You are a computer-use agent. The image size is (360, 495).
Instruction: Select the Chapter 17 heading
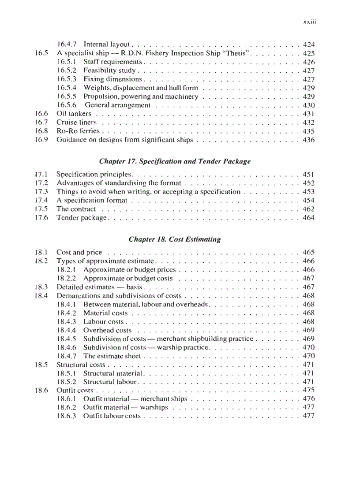point(175,161)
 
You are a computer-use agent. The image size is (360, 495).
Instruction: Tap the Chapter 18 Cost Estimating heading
point(175,239)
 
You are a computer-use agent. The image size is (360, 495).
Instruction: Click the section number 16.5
point(41,53)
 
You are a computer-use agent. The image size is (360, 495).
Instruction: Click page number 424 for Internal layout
point(309,45)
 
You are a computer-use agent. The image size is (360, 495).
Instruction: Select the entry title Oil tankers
point(74,114)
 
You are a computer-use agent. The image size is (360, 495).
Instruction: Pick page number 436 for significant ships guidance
point(309,140)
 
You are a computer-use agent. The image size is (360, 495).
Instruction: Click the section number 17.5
point(41,209)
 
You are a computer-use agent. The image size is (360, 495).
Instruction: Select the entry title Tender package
point(82,218)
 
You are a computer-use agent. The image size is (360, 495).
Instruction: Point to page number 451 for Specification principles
point(309,175)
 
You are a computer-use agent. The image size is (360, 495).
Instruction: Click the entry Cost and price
point(79,253)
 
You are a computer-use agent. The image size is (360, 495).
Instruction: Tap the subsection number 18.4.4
point(67,330)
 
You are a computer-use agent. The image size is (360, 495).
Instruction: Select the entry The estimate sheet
point(112,356)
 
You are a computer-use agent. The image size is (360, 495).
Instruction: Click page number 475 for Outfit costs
point(309,391)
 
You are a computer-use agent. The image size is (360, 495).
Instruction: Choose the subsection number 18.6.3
point(67,416)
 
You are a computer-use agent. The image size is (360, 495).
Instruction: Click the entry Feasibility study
point(110,71)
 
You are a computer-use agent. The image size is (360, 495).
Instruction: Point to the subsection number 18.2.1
point(67,270)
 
